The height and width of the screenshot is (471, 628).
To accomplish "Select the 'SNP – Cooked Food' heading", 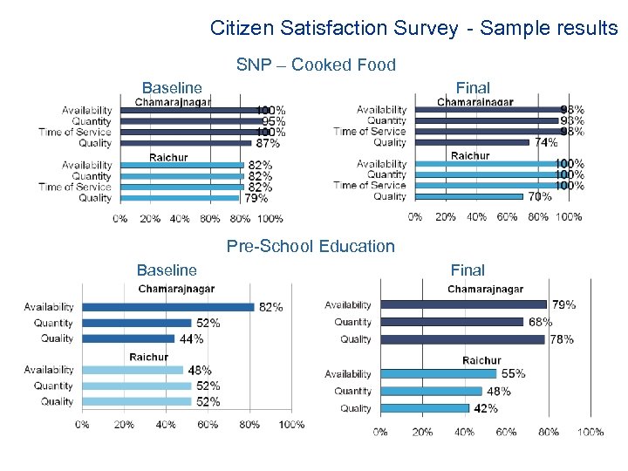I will [x=316, y=65].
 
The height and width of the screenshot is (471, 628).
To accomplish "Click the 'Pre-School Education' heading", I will [x=311, y=247].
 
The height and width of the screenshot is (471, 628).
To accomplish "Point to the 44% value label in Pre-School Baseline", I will [x=192, y=338].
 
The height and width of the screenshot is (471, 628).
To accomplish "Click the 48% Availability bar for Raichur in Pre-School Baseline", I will [x=132, y=370].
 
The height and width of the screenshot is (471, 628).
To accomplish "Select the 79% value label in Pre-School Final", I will [x=563, y=305].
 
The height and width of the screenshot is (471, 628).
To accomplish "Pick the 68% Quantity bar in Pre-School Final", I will [x=450, y=322].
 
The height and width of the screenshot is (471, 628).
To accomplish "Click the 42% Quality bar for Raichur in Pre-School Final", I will [x=424, y=408].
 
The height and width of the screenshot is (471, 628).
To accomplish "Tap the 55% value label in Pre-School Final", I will [x=513, y=374].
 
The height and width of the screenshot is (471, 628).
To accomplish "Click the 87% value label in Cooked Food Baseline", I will [x=268, y=143].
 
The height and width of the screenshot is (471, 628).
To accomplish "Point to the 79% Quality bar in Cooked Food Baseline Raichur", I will [x=179, y=198].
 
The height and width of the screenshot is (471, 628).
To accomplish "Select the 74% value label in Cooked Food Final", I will [x=546, y=142].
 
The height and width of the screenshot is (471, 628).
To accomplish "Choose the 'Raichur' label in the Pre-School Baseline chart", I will [x=148, y=357].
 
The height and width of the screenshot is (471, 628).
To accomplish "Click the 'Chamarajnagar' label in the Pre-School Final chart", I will [x=486, y=290].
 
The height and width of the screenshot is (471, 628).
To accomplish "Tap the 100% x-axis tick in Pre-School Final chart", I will [x=590, y=432].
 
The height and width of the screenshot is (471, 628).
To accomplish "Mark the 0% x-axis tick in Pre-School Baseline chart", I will [x=81, y=425].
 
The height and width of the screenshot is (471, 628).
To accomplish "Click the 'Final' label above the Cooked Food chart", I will [x=473, y=88].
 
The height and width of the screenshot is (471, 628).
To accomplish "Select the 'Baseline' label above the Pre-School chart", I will [x=167, y=270].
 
